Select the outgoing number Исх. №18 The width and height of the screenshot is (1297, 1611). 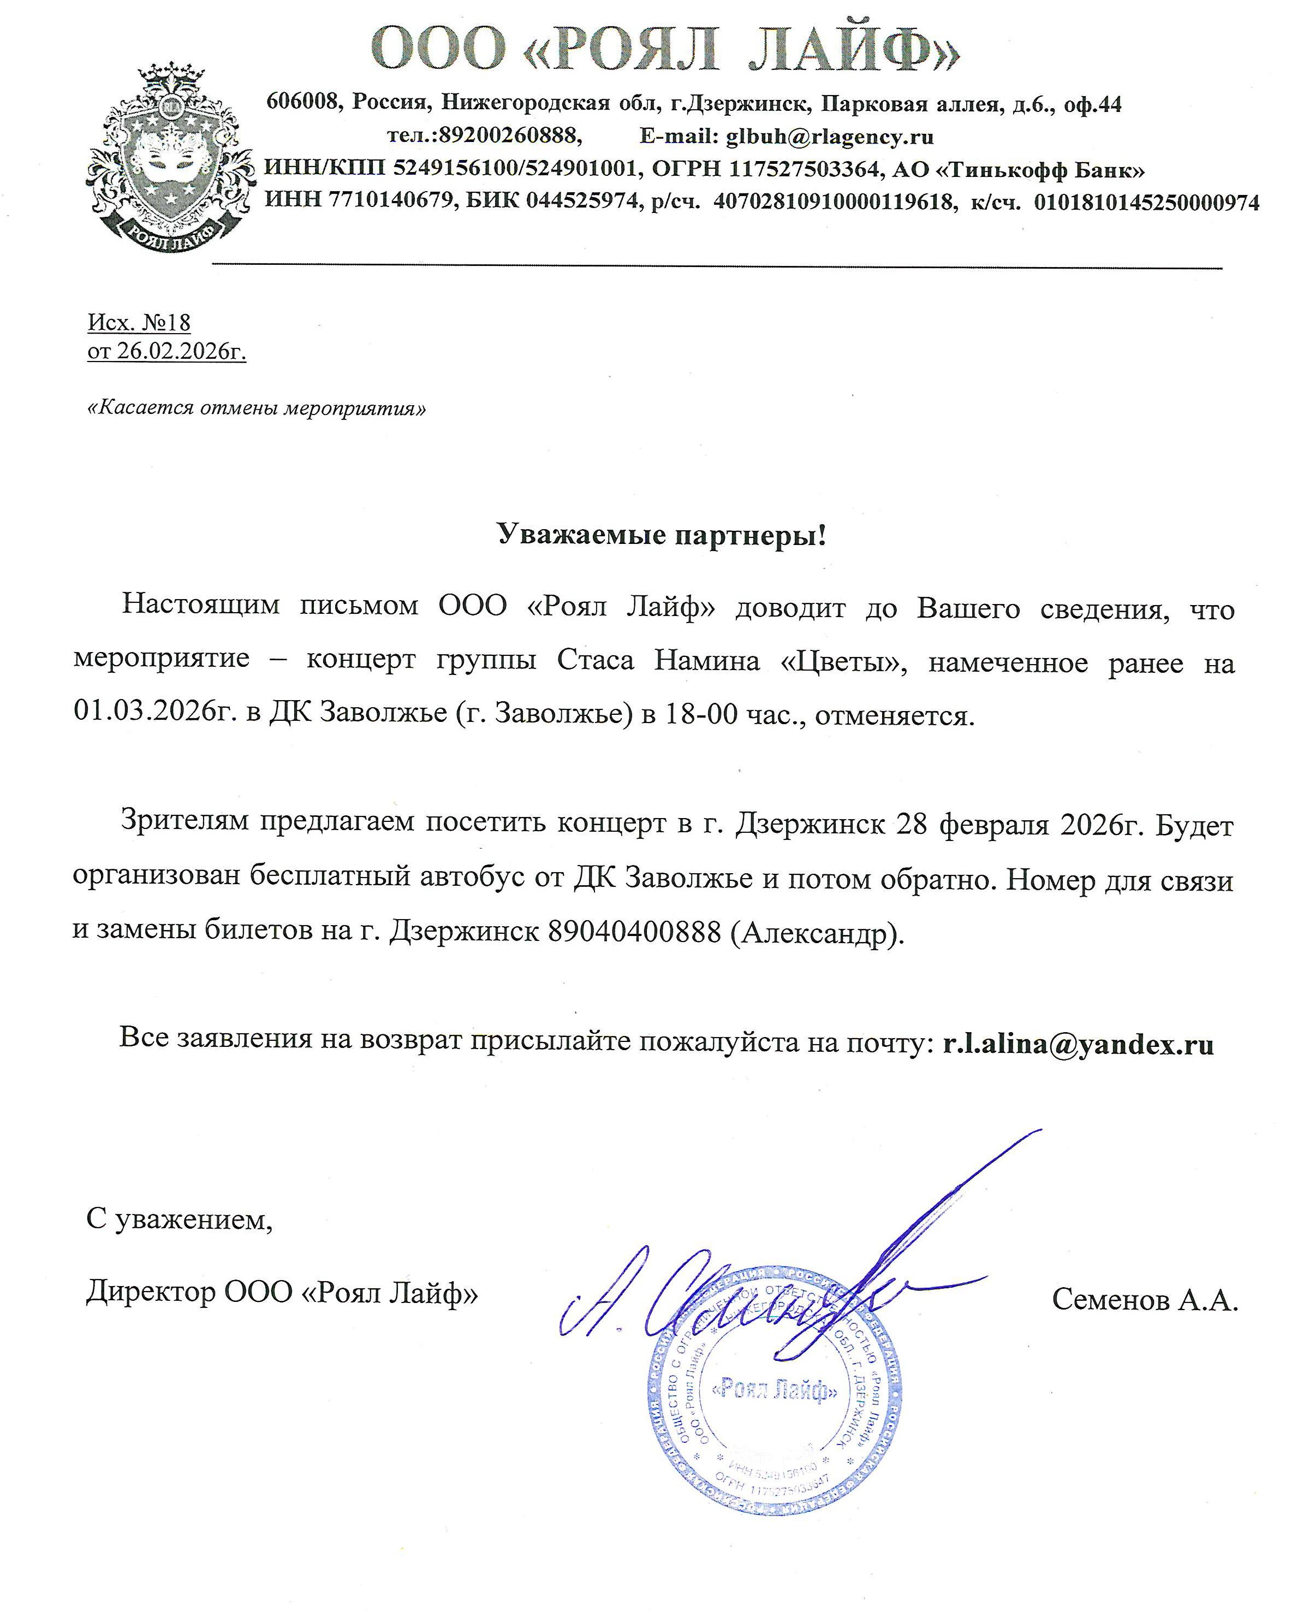140,323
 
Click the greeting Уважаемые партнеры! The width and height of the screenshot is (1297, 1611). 662,535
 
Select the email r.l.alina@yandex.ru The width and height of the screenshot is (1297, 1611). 1078,1044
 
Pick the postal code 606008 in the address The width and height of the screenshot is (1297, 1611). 302,103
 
